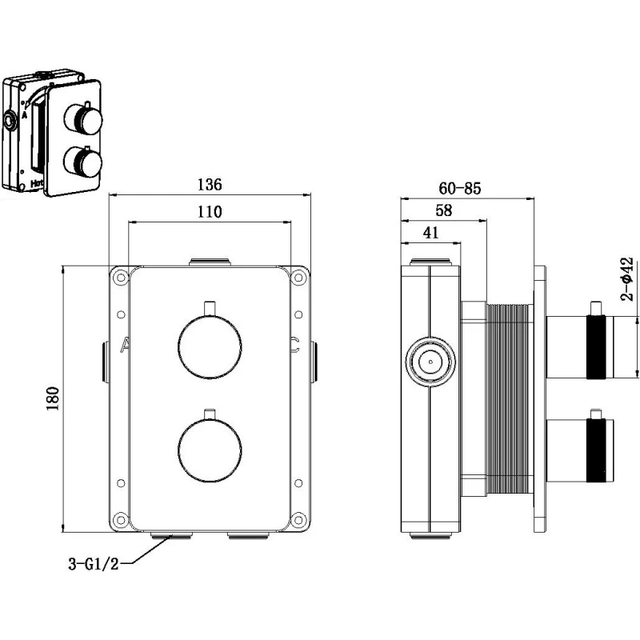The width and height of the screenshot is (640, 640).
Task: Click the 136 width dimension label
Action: (x=209, y=184)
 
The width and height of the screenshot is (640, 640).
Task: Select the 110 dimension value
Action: (x=209, y=212)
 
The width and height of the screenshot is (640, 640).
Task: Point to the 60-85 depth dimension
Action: (x=460, y=189)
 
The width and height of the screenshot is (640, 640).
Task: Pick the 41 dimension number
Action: (x=429, y=234)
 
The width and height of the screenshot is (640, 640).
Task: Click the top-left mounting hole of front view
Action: (x=120, y=278)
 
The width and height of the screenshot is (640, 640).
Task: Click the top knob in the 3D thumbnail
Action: (x=85, y=122)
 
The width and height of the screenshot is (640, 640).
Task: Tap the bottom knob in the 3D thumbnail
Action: (x=84, y=164)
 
